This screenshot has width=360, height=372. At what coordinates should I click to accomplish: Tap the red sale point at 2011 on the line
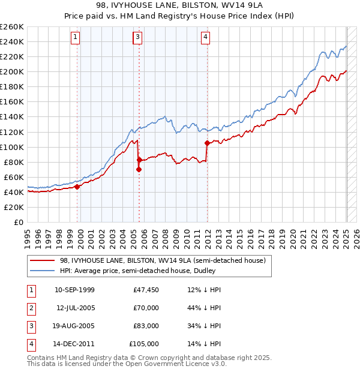pos(207,143)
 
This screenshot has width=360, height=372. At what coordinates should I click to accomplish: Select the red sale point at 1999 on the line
pos(77,186)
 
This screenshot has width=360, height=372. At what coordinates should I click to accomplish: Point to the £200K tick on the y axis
pos(12,71)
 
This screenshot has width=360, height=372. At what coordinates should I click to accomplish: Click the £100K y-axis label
pos(12,147)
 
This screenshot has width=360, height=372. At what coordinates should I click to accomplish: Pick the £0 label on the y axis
pos(19,222)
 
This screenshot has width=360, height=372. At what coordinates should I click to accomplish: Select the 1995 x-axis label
pos(28,238)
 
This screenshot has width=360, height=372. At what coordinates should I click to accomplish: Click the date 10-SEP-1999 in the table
pos(74,289)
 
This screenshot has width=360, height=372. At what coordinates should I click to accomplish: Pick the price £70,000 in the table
pos(146,307)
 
